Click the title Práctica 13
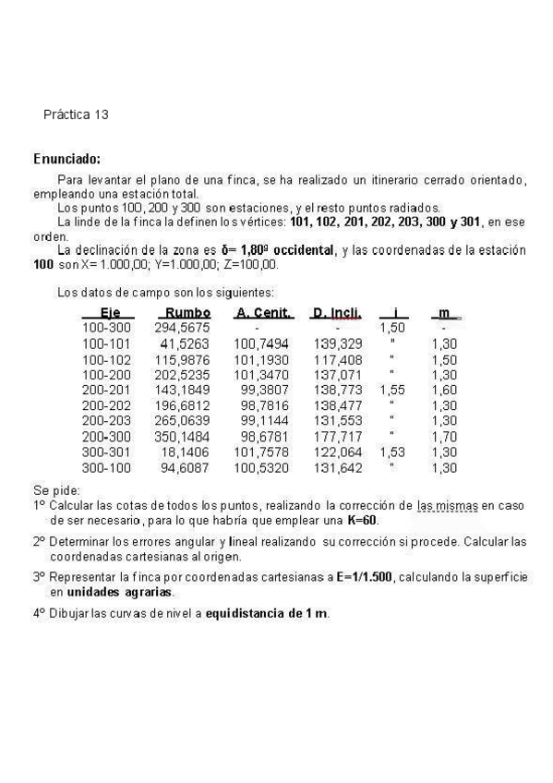pyautogui.click(x=76, y=114)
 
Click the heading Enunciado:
pyautogui.click(x=66, y=159)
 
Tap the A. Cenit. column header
pyautogui.click(x=263, y=313)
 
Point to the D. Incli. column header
pyautogui.click(x=336, y=313)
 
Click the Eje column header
pyautogui.click(x=110, y=313)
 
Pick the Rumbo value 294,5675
pyautogui.click(x=182, y=327)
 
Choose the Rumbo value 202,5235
pyautogui.click(x=182, y=374)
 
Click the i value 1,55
pyautogui.click(x=392, y=390)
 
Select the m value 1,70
pyautogui.click(x=444, y=437)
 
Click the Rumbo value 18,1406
pyautogui.click(x=185, y=452)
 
